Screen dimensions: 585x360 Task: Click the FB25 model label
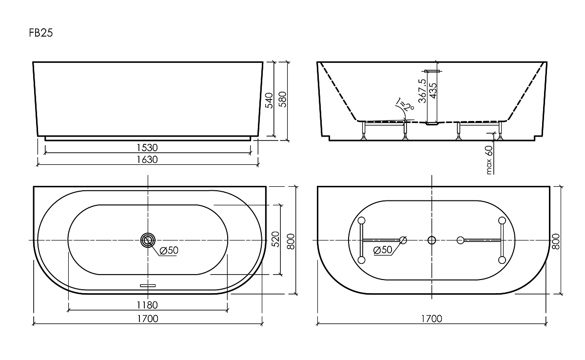41,33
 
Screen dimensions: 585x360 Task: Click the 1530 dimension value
147,148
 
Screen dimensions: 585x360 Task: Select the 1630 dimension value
147,160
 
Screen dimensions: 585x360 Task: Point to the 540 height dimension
269,100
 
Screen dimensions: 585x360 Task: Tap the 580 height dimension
283,100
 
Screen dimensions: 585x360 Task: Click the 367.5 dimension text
422,91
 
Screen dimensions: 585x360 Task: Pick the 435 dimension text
433,91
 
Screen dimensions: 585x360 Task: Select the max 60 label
488,160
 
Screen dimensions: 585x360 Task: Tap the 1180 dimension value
147,305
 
